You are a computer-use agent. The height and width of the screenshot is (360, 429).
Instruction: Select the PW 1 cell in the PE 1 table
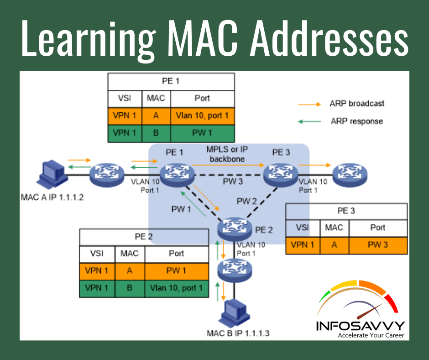click(202, 133)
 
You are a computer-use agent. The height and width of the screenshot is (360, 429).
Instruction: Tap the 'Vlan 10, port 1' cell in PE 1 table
click(202, 116)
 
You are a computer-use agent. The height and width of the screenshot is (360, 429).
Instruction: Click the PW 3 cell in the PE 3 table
click(378, 245)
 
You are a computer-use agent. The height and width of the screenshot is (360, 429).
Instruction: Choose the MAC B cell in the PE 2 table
click(129, 288)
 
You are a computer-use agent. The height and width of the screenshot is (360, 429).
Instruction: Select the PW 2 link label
click(247, 201)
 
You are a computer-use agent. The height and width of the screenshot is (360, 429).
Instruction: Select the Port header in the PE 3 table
click(378, 227)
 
